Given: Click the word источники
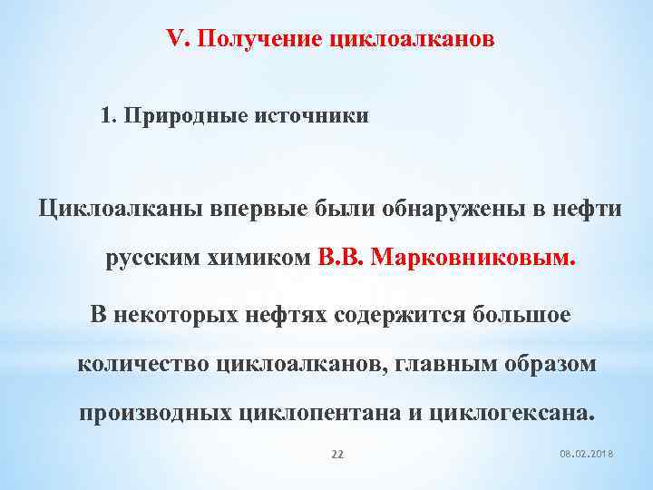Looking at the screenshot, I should tap(314, 117).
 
